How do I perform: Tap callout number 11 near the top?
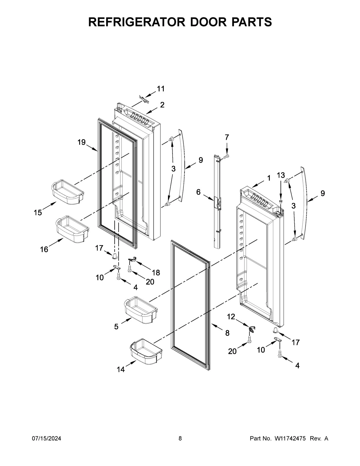point(161,89)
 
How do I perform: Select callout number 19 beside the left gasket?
point(82,142)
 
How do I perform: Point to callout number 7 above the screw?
point(227,137)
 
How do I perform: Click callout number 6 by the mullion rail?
point(199,192)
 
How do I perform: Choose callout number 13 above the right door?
point(281,175)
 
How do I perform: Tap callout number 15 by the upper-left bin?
point(38,213)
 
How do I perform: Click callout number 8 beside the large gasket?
point(227,332)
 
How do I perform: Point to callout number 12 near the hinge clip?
point(231,317)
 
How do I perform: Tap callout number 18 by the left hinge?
point(156,272)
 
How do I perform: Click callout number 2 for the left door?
point(162,105)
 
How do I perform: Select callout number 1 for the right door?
point(269,178)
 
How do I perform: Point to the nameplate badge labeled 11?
point(144,99)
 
